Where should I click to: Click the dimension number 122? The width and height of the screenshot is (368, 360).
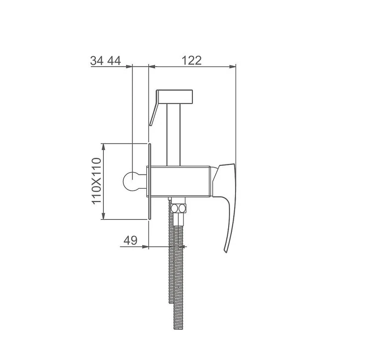tap(191, 60)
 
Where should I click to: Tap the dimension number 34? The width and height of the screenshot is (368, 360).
tap(97, 61)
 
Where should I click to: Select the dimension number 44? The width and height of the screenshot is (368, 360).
tap(114, 61)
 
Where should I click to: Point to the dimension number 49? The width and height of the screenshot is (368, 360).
tap(131, 240)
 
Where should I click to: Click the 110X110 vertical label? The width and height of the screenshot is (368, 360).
tap(97, 181)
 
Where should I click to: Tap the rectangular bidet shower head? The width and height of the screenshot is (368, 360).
tap(175, 97)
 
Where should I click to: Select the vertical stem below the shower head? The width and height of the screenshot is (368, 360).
tap(173, 135)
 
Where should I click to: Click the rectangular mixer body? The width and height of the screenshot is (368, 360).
tap(180, 181)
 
